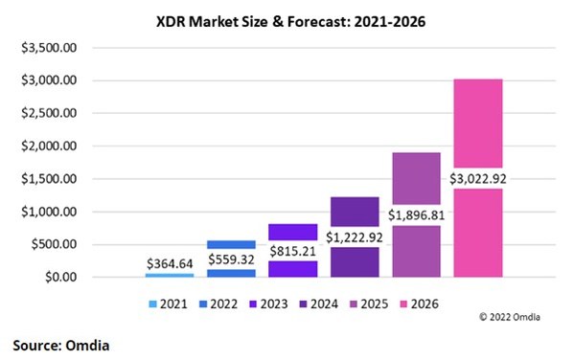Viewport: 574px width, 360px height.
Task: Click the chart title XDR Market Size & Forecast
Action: (x=286, y=18)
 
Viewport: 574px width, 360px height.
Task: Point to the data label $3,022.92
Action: (x=478, y=177)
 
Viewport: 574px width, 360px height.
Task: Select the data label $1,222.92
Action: (x=355, y=236)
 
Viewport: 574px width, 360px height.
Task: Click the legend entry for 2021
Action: (x=168, y=304)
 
